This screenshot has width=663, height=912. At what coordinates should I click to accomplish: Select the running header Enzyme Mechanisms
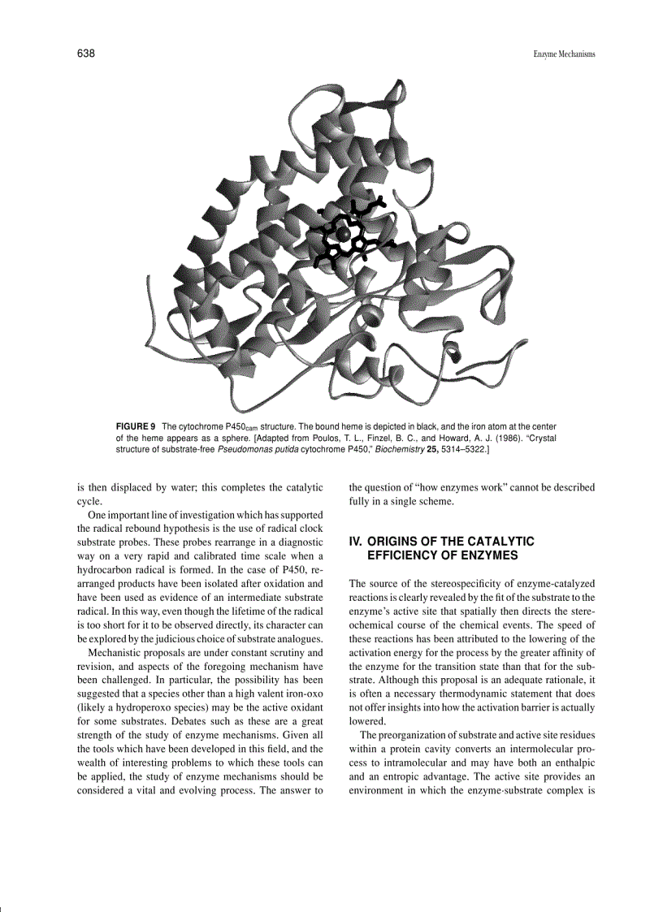coord(564,54)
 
